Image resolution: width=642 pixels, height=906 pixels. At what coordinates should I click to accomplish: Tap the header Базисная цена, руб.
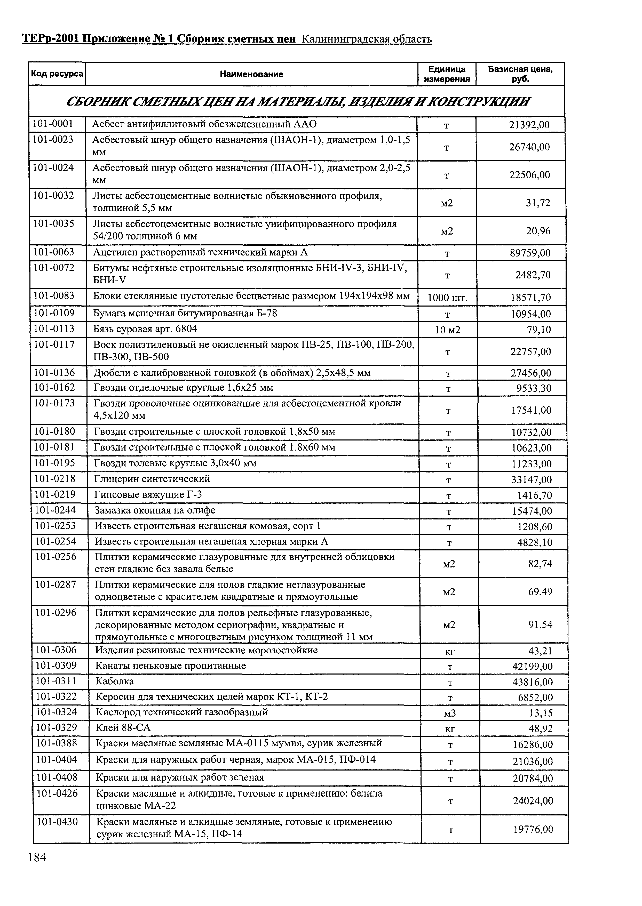pyautogui.click(x=520, y=74)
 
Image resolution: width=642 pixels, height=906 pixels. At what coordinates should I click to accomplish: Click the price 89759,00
pyautogui.click(x=530, y=253)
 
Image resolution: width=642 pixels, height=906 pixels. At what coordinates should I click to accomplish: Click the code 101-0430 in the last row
pyautogui.click(x=57, y=822)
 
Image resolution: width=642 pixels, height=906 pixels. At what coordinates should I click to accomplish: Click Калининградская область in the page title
pyautogui.click(x=367, y=39)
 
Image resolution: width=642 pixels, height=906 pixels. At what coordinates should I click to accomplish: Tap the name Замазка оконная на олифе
pyautogui.click(x=155, y=510)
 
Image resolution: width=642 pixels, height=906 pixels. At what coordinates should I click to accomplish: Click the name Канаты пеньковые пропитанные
pyautogui.click(x=171, y=666)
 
